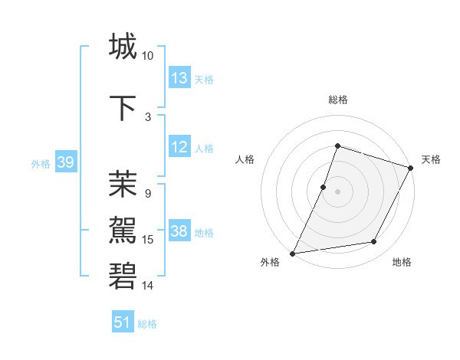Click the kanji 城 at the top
(x=123, y=46)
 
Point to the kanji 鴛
(x=123, y=227)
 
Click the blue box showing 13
(x=179, y=78)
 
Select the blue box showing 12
(x=179, y=148)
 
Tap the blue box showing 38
(x=179, y=232)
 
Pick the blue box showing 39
(x=66, y=163)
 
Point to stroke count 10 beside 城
(x=147, y=56)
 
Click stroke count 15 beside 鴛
(x=148, y=240)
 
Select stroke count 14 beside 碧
(x=148, y=286)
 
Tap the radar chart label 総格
(x=337, y=100)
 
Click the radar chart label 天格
(x=431, y=159)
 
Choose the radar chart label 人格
(x=245, y=159)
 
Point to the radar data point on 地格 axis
(x=374, y=242)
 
